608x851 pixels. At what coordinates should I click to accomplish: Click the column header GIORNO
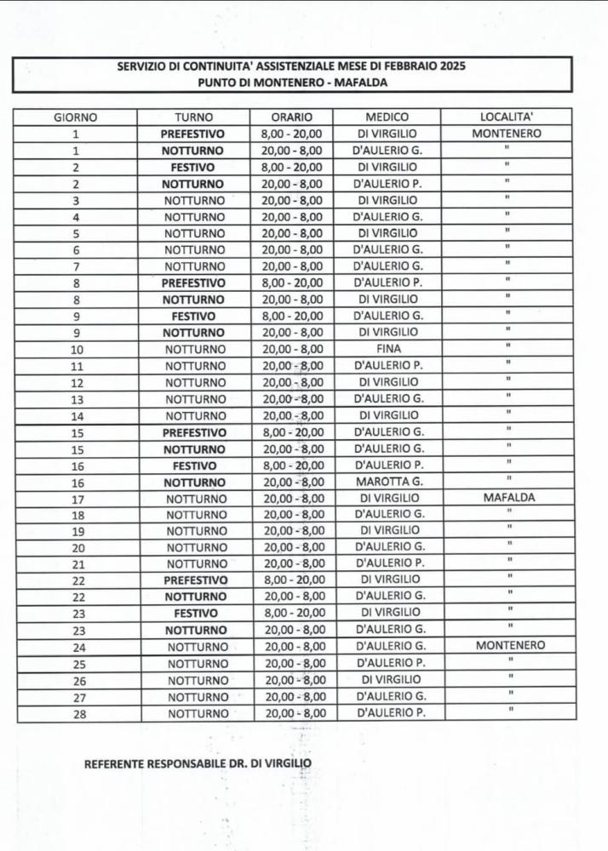point(76,117)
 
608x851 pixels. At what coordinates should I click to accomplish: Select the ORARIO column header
point(292,117)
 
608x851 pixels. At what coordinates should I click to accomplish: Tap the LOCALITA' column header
point(508,117)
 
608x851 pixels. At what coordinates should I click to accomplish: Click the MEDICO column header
point(387,117)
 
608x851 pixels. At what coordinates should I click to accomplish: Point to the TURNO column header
point(194,117)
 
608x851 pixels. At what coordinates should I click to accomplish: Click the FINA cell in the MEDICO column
point(387,349)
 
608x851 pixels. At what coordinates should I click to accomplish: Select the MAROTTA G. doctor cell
point(388,482)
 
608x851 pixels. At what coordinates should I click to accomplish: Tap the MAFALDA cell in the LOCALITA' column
point(508,498)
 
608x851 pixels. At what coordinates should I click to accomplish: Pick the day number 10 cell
point(77,349)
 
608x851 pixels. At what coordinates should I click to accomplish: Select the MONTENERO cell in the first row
point(507,134)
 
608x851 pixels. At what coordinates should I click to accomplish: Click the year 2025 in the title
point(450,66)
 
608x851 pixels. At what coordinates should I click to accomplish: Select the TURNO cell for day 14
point(195,415)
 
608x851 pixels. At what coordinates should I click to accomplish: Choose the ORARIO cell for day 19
point(294,531)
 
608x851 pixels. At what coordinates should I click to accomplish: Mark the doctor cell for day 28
point(391,714)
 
